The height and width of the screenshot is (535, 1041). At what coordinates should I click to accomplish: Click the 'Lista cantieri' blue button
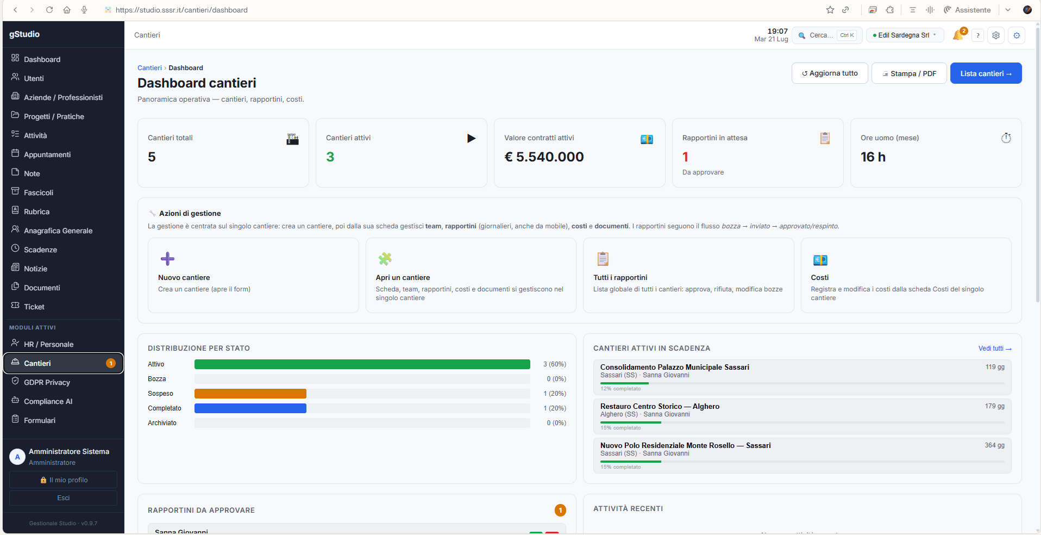986,73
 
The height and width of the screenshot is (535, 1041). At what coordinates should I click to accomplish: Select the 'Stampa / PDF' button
909,73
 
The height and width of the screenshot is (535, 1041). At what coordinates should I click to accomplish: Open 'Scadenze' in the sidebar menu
40,250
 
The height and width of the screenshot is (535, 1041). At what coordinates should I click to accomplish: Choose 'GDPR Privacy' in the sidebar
47,382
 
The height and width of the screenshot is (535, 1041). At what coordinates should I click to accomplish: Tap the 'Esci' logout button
63,498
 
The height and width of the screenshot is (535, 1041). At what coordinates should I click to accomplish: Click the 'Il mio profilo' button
63,480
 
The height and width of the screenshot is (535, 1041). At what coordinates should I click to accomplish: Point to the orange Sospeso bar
250,394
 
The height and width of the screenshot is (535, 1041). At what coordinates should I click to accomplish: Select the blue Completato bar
250,408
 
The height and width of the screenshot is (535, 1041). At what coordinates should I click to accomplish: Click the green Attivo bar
362,364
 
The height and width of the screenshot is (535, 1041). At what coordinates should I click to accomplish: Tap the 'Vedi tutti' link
995,349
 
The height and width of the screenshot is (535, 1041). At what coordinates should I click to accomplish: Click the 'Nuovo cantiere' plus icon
167,259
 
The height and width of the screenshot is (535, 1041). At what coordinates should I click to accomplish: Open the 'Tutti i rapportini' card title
620,278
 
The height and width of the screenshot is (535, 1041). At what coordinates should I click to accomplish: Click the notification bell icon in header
958,35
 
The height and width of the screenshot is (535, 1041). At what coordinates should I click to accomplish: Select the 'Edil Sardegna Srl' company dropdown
905,35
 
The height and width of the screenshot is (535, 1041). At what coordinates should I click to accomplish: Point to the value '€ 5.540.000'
544,157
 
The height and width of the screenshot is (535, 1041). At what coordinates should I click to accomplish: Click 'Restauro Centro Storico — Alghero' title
660,407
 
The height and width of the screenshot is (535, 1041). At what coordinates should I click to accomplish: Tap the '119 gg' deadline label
995,367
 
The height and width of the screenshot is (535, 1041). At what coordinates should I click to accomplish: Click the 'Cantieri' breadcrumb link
149,68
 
